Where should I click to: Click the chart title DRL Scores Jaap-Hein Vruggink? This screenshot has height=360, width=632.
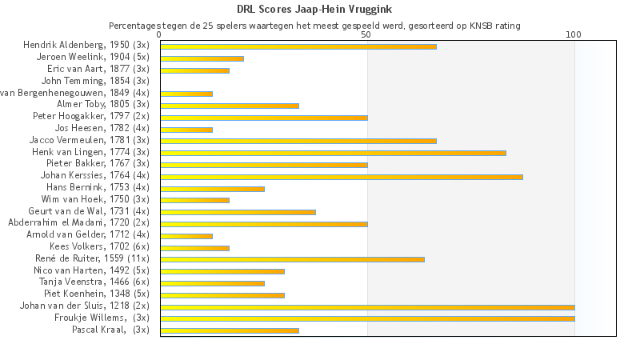315,10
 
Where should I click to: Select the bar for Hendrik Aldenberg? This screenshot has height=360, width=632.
298,46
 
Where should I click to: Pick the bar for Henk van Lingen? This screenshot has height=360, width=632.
333,153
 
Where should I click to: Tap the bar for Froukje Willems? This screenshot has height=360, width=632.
367,318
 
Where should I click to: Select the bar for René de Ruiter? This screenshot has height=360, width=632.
292,259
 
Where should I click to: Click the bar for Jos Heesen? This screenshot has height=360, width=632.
186,130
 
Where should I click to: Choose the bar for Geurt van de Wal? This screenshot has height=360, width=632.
238,212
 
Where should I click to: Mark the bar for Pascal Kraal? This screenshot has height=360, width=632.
230,330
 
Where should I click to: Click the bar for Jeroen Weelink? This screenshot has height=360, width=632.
202,58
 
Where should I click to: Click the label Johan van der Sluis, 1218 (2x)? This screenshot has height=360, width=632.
85,306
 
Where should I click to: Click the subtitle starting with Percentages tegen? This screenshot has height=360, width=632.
315,26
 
